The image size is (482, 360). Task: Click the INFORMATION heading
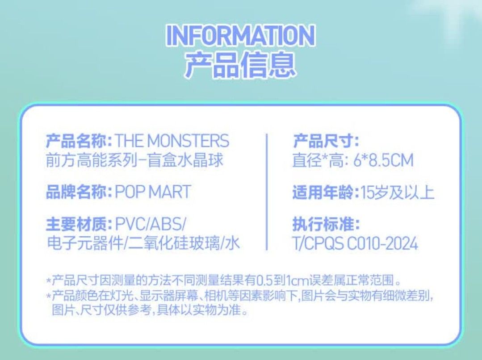(x=240, y=36)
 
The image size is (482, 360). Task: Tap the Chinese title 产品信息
(x=240, y=65)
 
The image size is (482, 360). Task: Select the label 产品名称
(x=79, y=142)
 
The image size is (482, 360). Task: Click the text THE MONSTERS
(x=172, y=142)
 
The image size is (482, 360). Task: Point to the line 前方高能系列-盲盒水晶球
(x=134, y=160)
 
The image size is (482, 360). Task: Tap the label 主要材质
(x=79, y=223)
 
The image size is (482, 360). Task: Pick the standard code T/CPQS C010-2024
(x=355, y=243)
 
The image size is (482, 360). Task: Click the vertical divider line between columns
(x=267, y=192)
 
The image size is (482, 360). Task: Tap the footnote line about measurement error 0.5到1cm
(x=223, y=281)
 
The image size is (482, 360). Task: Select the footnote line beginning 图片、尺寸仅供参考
(x=150, y=310)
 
